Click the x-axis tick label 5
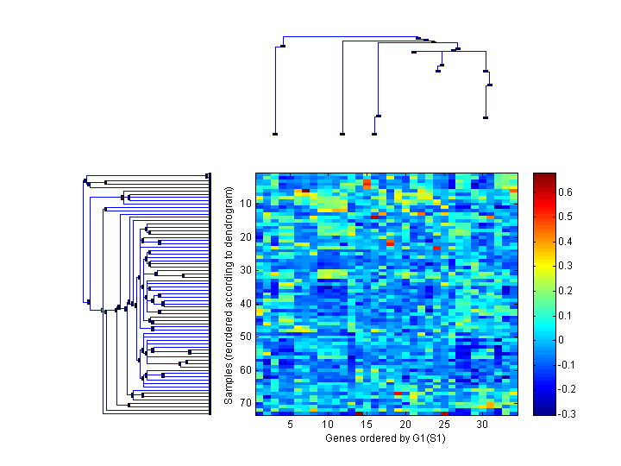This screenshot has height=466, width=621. click(x=291, y=425)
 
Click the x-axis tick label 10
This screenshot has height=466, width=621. click(x=328, y=425)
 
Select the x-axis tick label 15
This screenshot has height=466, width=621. click(x=367, y=425)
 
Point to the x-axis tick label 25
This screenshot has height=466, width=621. click(x=444, y=425)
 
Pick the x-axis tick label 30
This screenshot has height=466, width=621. click(x=482, y=425)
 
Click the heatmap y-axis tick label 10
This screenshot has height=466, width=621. click(x=245, y=204)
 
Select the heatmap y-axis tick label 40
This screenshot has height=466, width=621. click(x=245, y=303)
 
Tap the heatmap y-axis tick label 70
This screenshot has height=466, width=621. click(x=245, y=403)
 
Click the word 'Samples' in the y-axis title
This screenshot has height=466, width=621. click(x=229, y=382)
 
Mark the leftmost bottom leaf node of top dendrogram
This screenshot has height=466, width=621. click(x=275, y=134)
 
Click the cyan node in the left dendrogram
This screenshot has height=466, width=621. click(x=103, y=310)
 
